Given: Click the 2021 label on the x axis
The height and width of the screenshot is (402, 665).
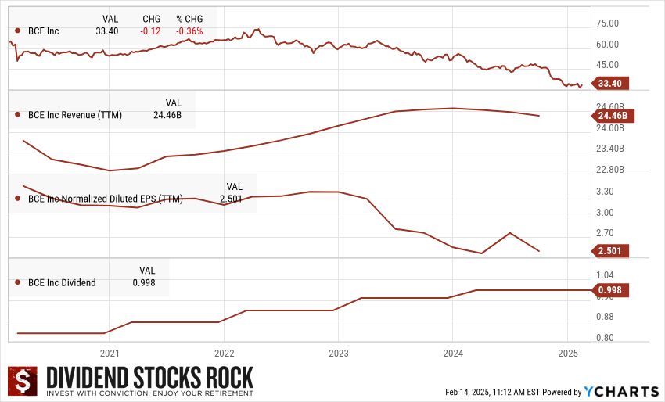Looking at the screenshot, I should click(110, 353).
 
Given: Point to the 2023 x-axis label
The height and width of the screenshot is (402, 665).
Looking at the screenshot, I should click(338, 353).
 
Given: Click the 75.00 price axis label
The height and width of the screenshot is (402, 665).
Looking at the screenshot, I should click(608, 24).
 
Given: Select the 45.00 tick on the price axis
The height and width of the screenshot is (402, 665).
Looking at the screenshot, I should click(608, 65).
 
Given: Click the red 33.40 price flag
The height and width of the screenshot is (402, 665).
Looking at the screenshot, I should click(610, 84).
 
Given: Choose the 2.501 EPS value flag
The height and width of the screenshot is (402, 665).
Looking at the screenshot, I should click(610, 251).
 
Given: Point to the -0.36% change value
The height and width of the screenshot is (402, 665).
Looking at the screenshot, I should click(189, 31).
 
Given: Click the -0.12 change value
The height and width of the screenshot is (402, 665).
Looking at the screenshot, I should click(151, 31).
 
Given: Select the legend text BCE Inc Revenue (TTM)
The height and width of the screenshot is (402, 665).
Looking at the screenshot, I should click(74, 115).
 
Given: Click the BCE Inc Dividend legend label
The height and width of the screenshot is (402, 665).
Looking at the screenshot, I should click(62, 282).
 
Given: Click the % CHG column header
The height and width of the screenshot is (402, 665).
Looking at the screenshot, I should click(189, 18).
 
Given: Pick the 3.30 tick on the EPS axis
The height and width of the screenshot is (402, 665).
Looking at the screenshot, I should click(605, 192).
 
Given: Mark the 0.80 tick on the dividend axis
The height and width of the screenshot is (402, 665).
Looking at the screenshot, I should click(605, 338).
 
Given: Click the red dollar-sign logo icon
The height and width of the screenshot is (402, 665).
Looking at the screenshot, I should click(23, 382).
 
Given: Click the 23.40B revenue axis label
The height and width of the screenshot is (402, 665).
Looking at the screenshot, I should click(611, 149).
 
